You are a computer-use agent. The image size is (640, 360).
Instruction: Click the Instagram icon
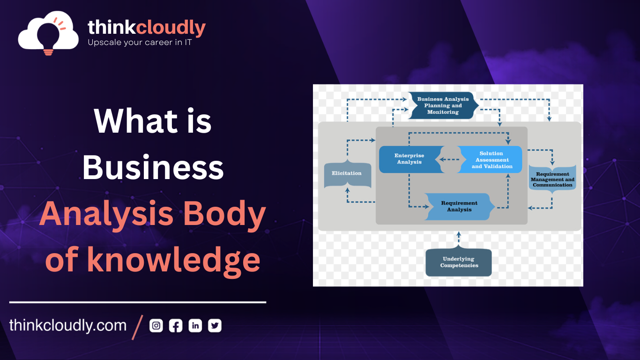(156, 325)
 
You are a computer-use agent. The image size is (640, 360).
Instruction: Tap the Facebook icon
(176, 325)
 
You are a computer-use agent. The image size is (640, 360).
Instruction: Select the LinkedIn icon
(195, 325)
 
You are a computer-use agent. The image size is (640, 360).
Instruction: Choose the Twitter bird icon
(215, 325)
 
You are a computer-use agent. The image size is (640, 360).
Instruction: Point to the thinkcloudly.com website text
(68, 325)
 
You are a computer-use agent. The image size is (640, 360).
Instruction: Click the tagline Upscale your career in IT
(140, 42)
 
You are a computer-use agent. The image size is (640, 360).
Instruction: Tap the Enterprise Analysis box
(410, 159)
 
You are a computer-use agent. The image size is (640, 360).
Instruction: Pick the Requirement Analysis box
(459, 206)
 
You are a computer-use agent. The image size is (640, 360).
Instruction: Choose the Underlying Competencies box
(459, 262)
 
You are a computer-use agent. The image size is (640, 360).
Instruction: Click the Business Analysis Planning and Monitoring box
(443, 105)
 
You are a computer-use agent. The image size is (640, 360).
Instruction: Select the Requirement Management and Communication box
(552, 179)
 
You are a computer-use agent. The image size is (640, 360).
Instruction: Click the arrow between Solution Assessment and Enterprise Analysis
(449, 159)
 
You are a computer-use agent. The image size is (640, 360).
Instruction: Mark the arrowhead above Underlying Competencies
(459, 234)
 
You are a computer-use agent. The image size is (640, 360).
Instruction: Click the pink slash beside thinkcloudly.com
(137, 327)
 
